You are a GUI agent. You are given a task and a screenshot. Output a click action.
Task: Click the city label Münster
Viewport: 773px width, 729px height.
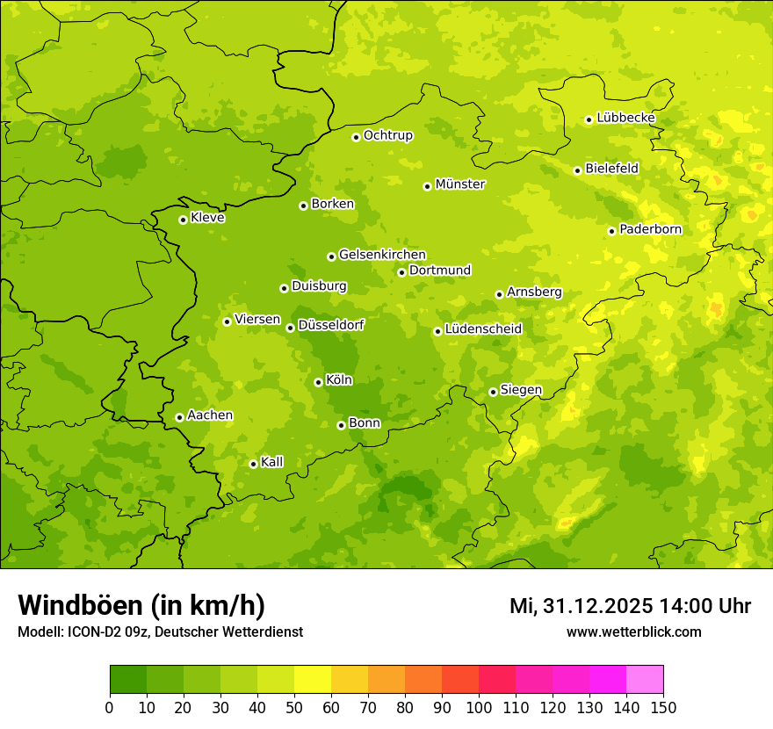click(x=460, y=184)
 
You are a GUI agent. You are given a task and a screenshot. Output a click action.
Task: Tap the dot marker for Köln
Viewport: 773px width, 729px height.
click(x=318, y=382)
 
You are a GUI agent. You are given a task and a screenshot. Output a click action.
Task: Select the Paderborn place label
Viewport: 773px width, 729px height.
click(x=650, y=229)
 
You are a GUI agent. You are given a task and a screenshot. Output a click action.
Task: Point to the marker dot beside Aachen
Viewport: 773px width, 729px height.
click(x=179, y=417)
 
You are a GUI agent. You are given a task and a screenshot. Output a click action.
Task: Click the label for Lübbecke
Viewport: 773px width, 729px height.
click(x=625, y=118)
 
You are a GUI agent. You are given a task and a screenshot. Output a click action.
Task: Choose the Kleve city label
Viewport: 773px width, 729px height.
click(x=207, y=218)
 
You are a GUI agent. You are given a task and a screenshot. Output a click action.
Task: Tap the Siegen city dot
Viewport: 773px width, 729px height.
click(x=493, y=392)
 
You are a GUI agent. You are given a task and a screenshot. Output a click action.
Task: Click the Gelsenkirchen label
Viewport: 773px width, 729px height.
click(x=382, y=255)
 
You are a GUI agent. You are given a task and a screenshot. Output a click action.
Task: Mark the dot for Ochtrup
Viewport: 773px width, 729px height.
click(x=356, y=137)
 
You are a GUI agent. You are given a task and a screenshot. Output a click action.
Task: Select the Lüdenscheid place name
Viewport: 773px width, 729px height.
click(x=483, y=329)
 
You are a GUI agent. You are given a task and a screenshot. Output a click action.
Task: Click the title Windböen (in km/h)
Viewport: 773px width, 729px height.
click(x=141, y=605)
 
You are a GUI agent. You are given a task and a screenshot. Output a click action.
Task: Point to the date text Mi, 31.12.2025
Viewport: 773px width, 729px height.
click(x=581, y=606)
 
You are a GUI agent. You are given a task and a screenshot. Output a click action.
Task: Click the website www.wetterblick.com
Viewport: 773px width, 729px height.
click(x=633, y=632)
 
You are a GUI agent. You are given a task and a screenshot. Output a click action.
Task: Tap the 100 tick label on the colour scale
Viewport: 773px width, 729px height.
click(x=479, y=707)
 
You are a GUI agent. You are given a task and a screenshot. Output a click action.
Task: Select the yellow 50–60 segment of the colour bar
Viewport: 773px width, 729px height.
click(x=313, y=680)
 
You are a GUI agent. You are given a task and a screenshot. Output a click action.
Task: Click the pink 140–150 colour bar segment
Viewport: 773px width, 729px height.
click(x=645, y=680)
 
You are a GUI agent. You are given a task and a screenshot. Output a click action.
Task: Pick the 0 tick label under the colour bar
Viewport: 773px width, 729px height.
click(x=109, y=707)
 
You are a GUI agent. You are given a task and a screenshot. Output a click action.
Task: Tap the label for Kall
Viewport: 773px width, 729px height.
click(x=272, y=462)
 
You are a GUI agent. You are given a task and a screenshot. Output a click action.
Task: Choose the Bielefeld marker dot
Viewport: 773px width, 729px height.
click(x=577, y=170)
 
